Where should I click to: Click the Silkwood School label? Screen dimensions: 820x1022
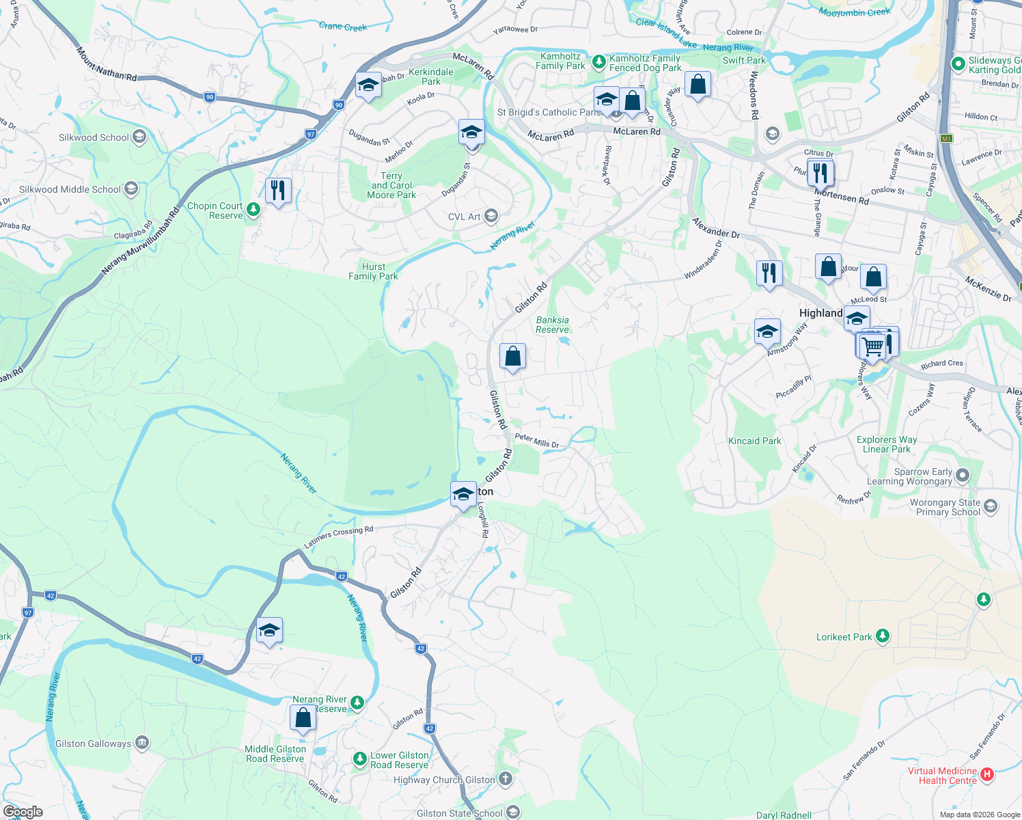[94, 137]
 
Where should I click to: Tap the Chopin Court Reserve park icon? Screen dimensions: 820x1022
[253, 209]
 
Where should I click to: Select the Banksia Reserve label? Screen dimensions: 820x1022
[552, 325]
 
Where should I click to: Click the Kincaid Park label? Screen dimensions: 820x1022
[754, 441]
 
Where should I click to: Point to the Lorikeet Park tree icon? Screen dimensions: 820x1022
[882, 636]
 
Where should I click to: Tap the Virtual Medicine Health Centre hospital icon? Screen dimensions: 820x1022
[986, 774]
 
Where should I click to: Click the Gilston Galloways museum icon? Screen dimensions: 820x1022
[142, 743]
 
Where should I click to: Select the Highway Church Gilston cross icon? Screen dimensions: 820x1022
[505, 779]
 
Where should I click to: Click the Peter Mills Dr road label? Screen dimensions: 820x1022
[537, 441]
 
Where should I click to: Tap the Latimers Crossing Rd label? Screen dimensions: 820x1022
[339, 537]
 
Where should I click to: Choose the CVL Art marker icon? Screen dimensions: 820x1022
[491, 217]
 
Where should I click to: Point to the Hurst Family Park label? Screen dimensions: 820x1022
[373, 271]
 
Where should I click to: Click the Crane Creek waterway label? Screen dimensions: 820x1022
[343, 27]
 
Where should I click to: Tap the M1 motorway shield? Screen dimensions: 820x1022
[946, 139]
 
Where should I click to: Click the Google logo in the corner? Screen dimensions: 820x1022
[23, 812]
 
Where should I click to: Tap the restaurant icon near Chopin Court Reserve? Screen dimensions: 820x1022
[278, 190]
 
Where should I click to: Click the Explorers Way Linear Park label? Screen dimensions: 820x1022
[887, 444]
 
